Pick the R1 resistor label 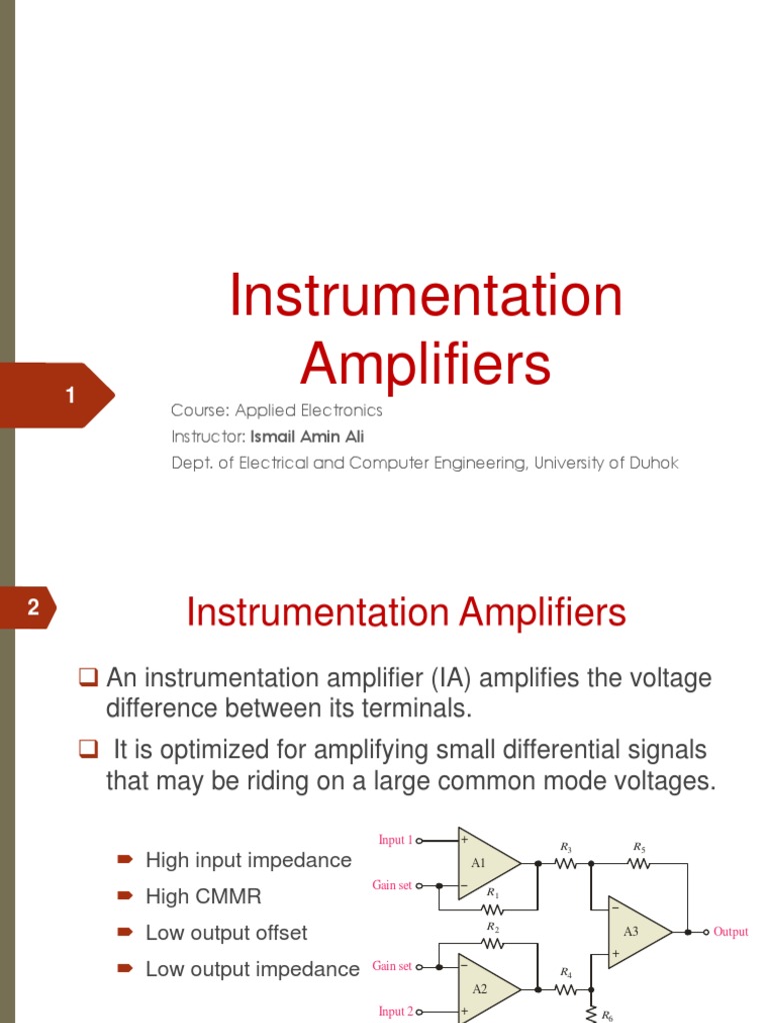click(x=493, y=892)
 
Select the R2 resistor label click(x=493, y=927)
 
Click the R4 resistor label click(x=566, y=972)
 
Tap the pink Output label click(x=730, y=932)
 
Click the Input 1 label click(x=395, y=840)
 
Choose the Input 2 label click(x=395, y=1012)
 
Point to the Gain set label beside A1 click(x=391, y=886)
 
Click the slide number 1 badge click(x=70, y=396)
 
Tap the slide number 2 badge click(x=33, y=607)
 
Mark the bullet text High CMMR click(x=203, y=897)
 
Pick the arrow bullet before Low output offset click(x=125, y=933)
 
